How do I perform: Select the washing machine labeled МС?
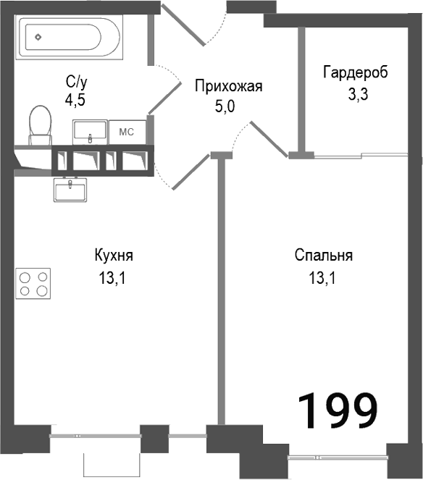coord(127,132)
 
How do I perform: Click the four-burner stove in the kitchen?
coord(34,283)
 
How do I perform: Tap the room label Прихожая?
coord(228,87)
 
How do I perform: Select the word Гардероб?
coord(356,72)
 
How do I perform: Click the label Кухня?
coord(114,256)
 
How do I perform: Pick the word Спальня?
coord(324,256)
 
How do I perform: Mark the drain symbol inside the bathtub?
coord(38,35)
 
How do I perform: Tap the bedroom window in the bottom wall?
coord(337,458)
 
